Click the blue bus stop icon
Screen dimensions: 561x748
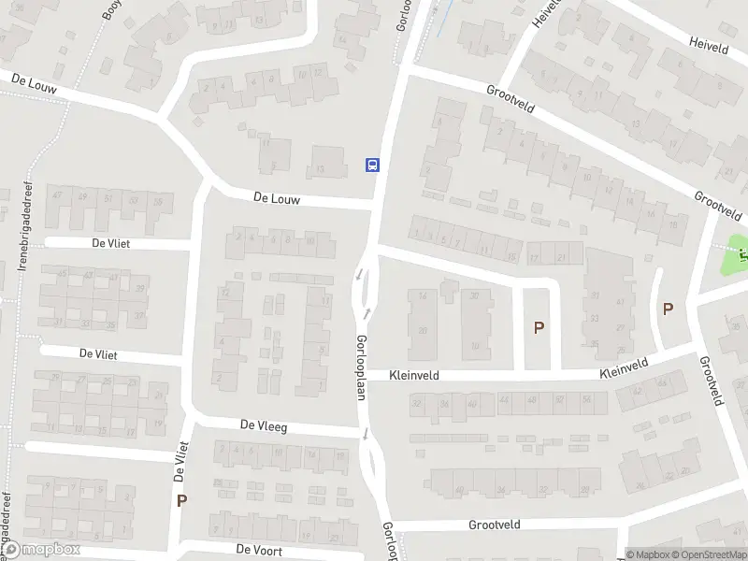pyautogui.click(x=372, y=165)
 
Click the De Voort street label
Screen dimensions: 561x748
pyautogui.click(x=257, y=549)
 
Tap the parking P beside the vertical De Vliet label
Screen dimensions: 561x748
pyautogui.click(x=181, y=500)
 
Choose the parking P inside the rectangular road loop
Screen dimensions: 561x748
pyautogui.click(x=538, y=327)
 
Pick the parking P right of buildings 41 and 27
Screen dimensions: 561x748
pyautogui.click(x=668, y=309)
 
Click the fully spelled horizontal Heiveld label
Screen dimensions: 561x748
pyautogui.click(x=709, y=43)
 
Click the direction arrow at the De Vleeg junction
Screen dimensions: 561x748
pyautogui.click(x=366, y=433)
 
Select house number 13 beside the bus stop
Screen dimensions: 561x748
pyautogui.click(x=320, y=168)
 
